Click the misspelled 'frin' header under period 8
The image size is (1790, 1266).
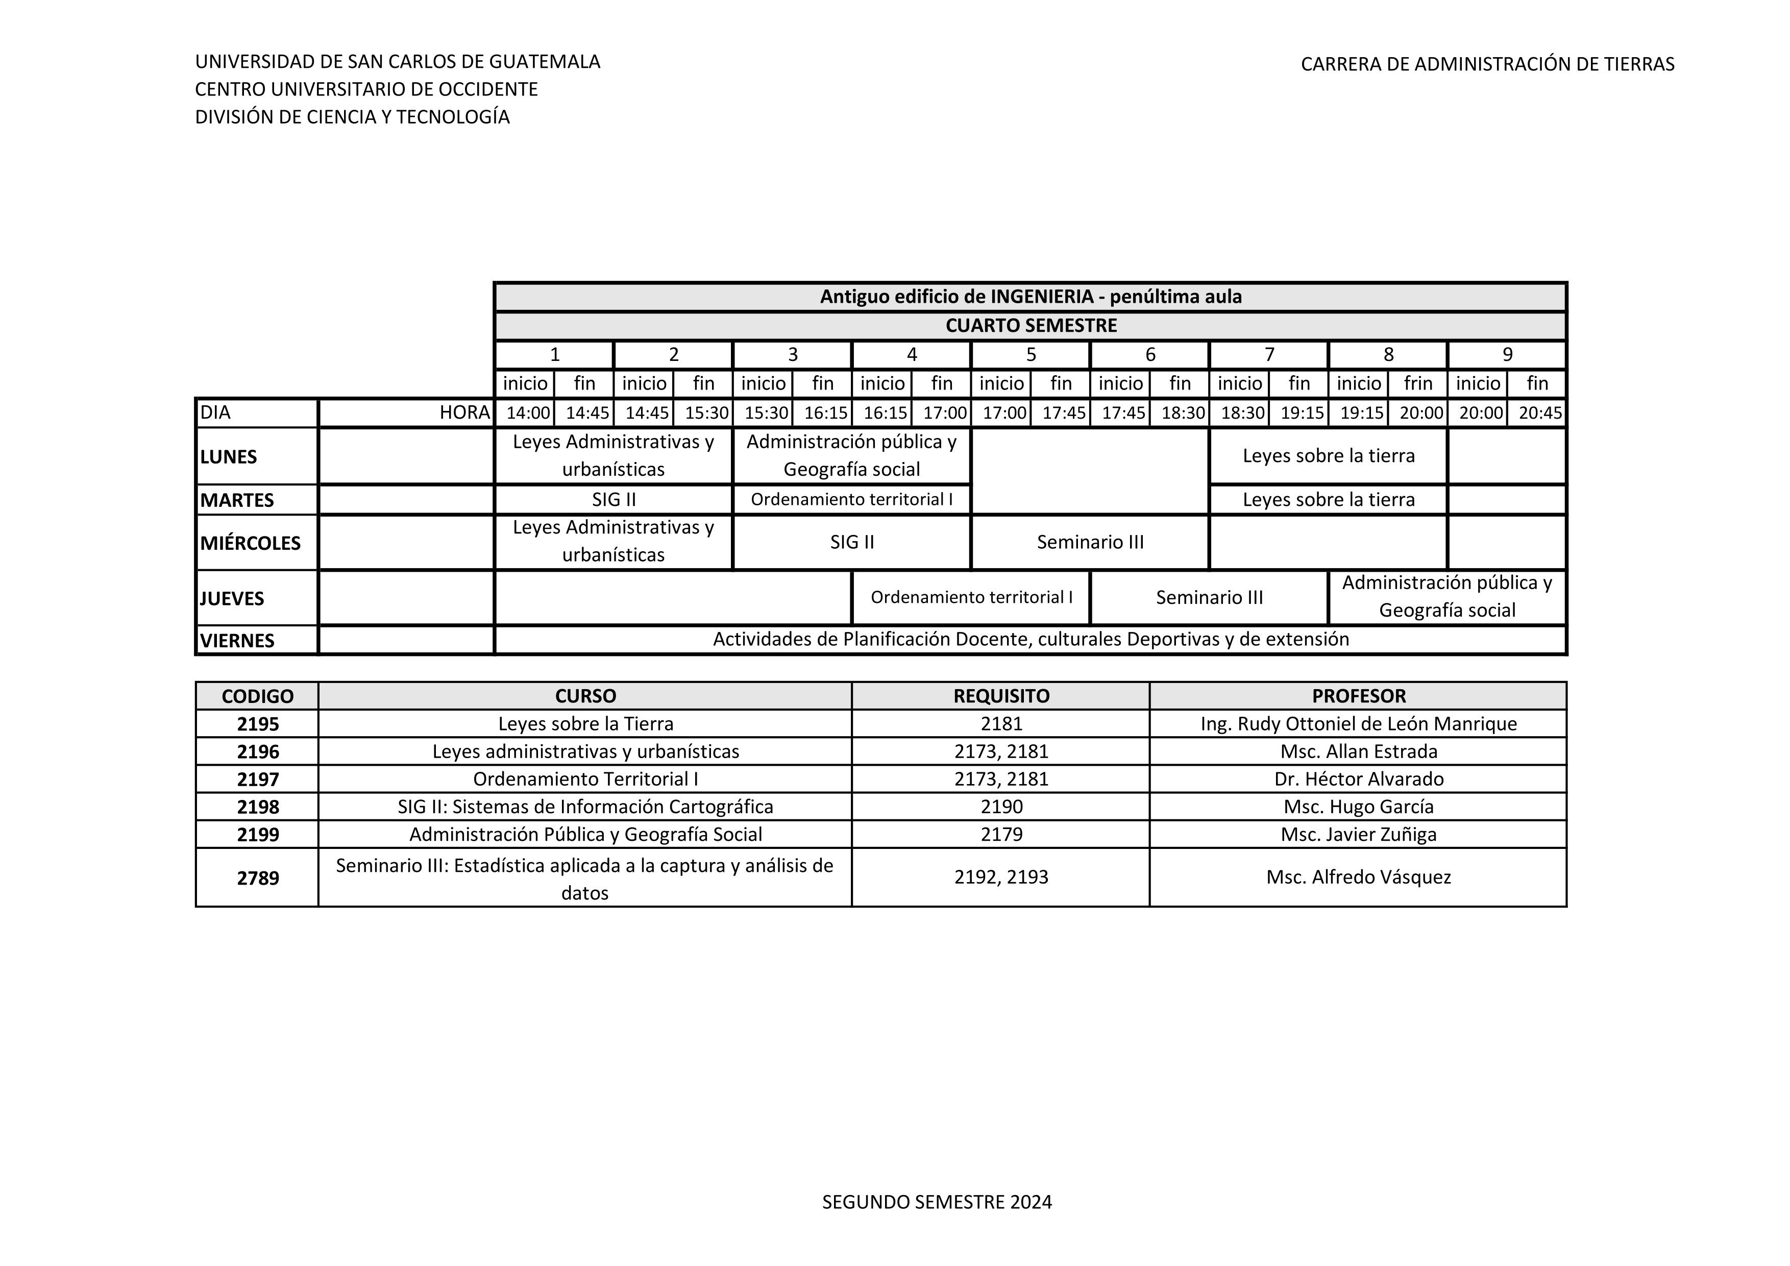coord(1418,383)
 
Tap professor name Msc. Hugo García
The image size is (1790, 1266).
coord(1358,807)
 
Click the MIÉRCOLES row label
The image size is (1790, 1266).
coord(250,543)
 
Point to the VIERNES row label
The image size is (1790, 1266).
coord(238,641)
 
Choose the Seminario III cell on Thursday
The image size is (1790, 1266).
coord(1209,598)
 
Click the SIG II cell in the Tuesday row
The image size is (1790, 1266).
coord(614,500)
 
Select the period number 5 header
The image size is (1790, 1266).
coord(1031,355)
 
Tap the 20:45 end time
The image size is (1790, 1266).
coord(1540,413)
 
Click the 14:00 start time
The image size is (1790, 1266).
coord(528,413)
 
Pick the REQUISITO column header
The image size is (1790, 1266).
coord(1001,696)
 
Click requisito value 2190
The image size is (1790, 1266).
coord(1001,807)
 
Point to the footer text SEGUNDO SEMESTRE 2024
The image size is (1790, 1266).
coord(937,1202)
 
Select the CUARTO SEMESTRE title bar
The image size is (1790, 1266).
coord(1031,326)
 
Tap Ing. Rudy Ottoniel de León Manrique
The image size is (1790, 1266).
coord(1358,724)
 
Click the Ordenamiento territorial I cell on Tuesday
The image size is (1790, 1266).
coord(851,500)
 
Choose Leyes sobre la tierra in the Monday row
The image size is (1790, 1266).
coord(1329,456)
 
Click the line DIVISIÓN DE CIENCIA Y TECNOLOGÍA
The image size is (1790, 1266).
coord(352,117)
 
